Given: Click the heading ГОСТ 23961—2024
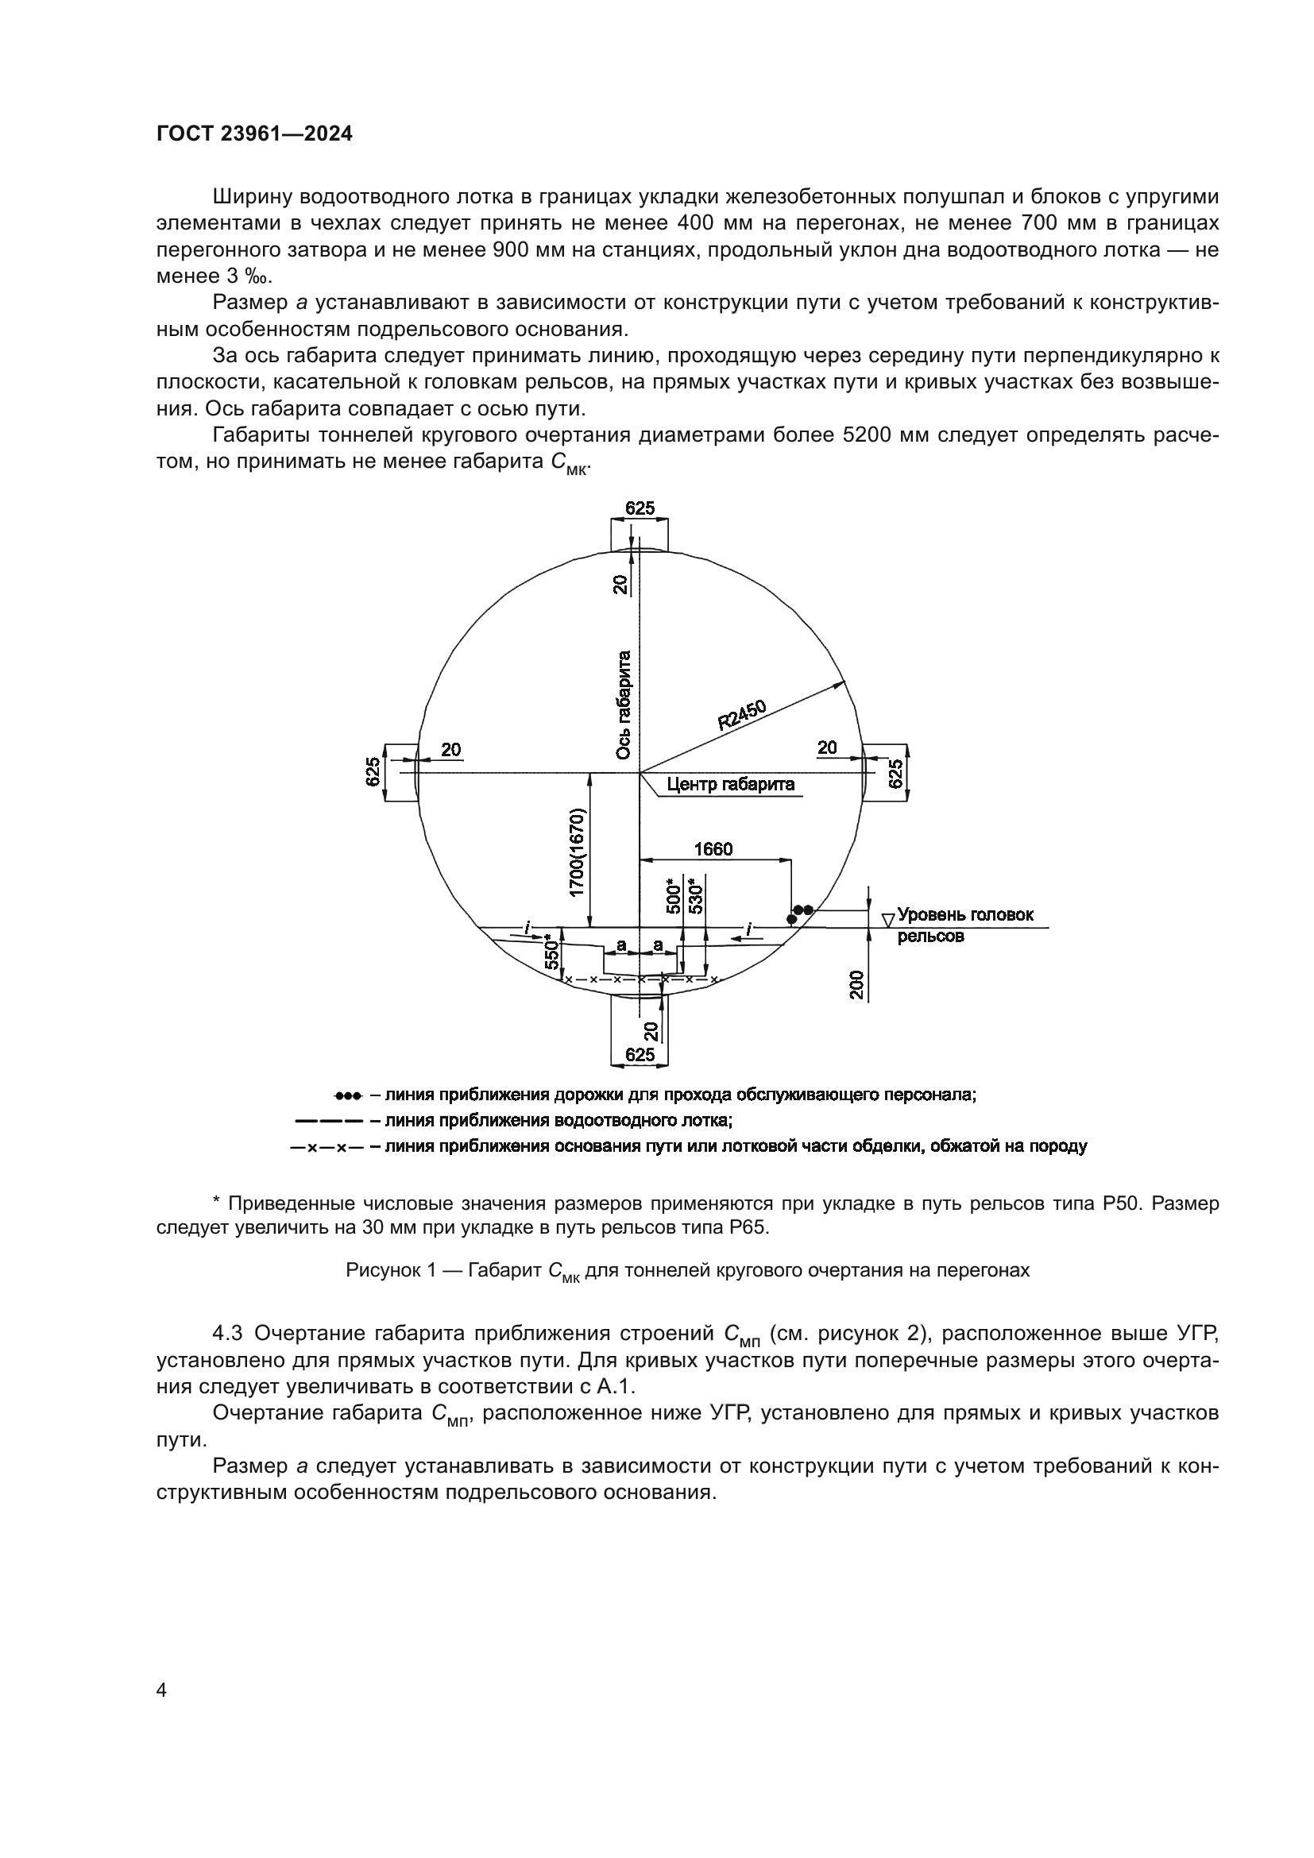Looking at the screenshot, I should [254, 134].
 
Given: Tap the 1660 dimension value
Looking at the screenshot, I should [713, 849].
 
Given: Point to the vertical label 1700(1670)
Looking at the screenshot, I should [576, 852].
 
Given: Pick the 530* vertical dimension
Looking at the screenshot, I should [695, 896].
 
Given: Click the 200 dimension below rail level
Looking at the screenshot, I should [858, 984].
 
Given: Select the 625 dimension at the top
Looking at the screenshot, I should [640, 508].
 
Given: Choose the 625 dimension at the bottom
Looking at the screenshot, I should [640, 1054].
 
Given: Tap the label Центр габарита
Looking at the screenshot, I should [730, 784].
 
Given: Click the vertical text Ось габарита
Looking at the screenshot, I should [623, 705].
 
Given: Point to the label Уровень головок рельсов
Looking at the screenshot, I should [964, 925].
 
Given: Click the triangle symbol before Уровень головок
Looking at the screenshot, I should [887, 919].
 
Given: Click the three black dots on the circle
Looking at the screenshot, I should [800, 913].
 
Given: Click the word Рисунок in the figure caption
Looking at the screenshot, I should [379, 1269].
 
